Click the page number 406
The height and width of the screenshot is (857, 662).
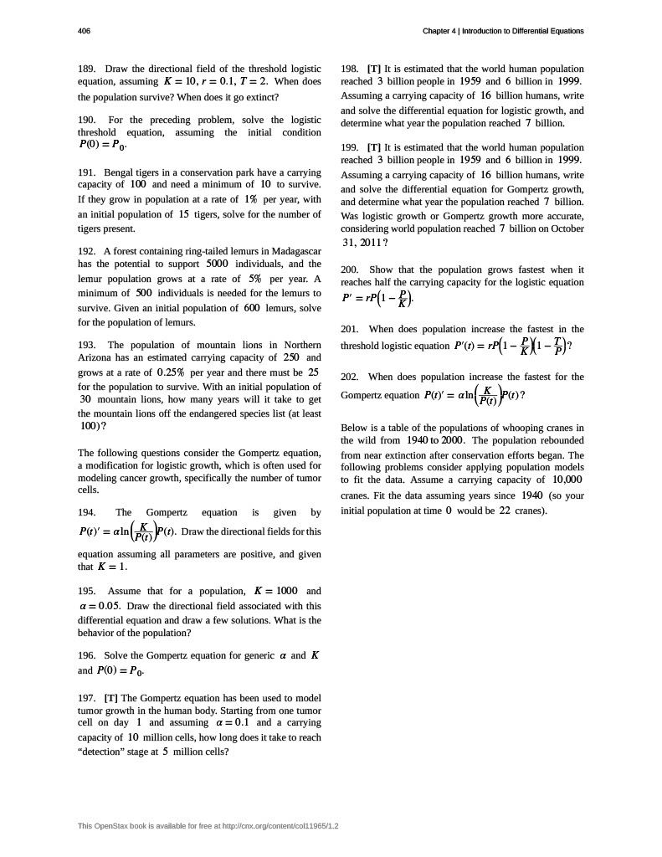(x=84, y=31)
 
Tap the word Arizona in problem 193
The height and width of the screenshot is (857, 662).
(x=94, y=358)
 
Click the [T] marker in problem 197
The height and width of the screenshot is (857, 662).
(x=110, y=697)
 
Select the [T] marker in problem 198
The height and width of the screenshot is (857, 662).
(x=374, y=69)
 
